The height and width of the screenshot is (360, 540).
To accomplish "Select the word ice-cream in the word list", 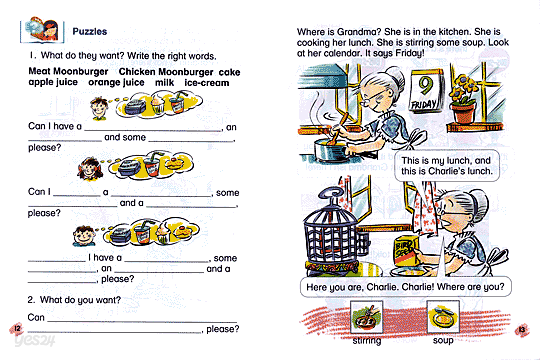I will pyautogui.click(x=204, y=82).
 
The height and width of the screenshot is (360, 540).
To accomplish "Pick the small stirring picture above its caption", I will pyautogui.click(x=366, y=320).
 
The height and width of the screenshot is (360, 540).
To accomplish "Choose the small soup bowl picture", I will pyautogui.click(x=441, y=320).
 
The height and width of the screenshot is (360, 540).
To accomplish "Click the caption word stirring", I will pyautogui.click(x=367, y=341).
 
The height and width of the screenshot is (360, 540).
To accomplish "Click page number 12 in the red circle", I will pyautogui.click(x=13, y=330).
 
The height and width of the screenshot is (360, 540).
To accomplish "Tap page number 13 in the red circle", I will pyautogui.click(x=523, y=330).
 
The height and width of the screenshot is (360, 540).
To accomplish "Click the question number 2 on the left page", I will pyautogui.click(x=31, y=299).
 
